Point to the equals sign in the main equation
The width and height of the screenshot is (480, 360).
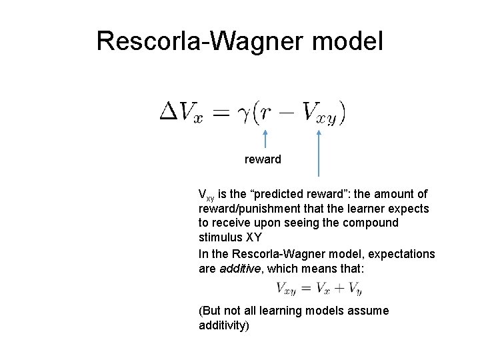tap(220, 113)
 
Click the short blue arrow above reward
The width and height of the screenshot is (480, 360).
tap(265, 139)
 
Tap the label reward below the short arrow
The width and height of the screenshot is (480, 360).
tap(263, 159)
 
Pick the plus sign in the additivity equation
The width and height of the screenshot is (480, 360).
tap(337, 288)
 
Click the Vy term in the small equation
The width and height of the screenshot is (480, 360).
tap(354, 289)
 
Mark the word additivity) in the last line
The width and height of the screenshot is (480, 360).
tap(224, 325)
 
